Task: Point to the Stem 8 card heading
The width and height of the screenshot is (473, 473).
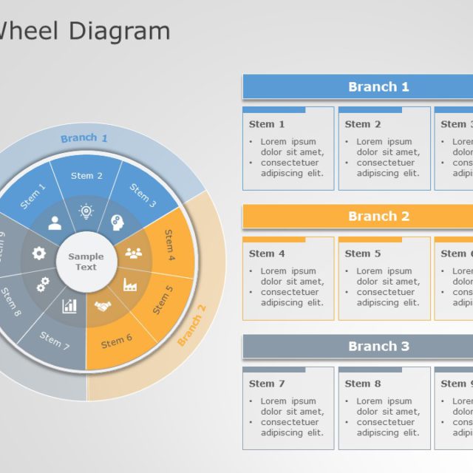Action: pyautogui.click(x=363, y=384)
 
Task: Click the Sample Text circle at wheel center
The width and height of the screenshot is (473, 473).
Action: pyautogui.click(x=86, y=262)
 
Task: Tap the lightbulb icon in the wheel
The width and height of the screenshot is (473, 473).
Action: pyautogui.click(x=86, y=212)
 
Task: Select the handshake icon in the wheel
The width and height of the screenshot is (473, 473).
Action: pyautogui.click(x=103, y=305)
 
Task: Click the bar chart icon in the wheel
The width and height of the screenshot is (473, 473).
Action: pyautogui.click(x=69, y=305)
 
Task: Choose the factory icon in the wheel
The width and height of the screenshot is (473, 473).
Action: pyautogui.click(x=129, y=285)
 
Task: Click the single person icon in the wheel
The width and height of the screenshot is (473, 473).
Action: pyautogui.click(x=55, y=222)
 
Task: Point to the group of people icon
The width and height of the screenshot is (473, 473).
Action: pyautogui.click(x=133, y=253)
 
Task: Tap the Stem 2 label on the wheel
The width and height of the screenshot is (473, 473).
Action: pyautogui.click(x=86, y=176)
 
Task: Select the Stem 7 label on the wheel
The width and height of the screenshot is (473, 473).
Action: pyautogui.click(x=55, y=341)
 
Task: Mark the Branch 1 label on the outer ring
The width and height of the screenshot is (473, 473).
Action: pyautogui.click(x=84, y=138)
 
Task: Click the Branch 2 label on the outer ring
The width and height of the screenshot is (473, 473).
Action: pyautogui.click(x=191, y=325)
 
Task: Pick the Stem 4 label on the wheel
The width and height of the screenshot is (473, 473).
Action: pyautogui.click(x=169, y=246)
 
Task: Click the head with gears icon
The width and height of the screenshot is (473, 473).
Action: pyautogui.click(x=117, y=221)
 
